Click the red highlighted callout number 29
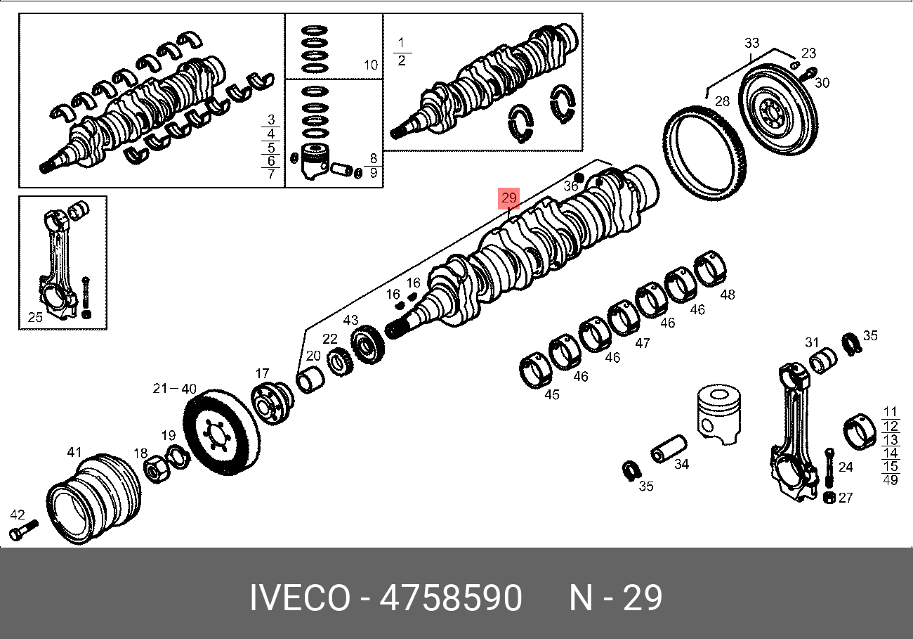point(508,198)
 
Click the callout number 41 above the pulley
point(74,452)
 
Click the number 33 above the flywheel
point(751,43)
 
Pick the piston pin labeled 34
point(669,449)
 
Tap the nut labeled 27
point(829,498)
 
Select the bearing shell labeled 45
point(535,370)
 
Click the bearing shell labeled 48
point(710,269)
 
